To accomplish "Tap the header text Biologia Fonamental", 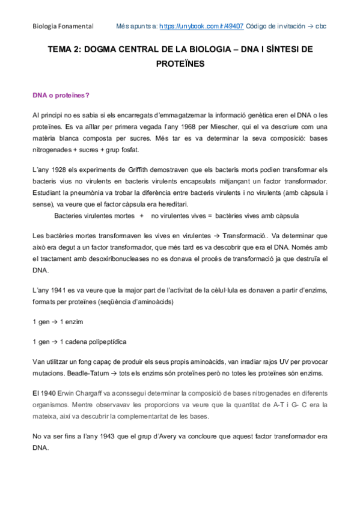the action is [x=63, y=27].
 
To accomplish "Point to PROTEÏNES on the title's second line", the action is [x=180, y=63].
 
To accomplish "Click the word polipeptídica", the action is [x=105, y=342].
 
